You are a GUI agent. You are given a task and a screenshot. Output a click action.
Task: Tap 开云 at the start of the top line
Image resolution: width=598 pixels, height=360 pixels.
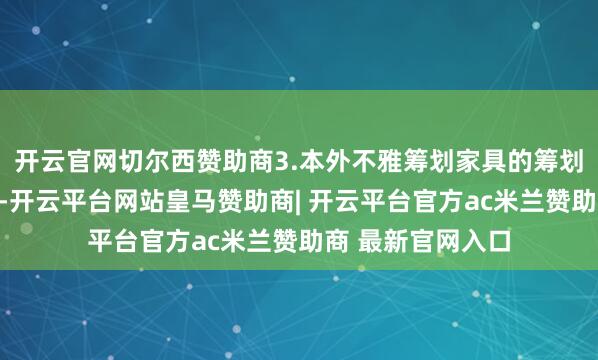click(x=37, y=159)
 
